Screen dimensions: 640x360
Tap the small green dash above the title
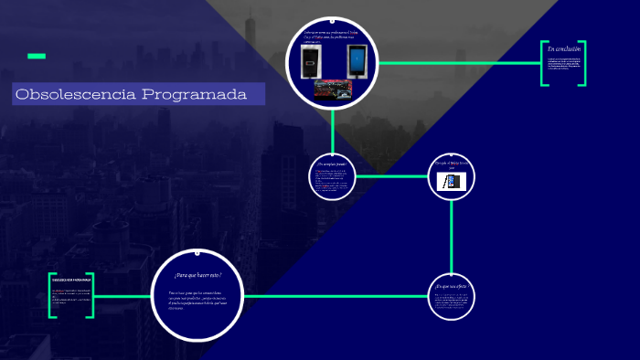[x=37, y=57]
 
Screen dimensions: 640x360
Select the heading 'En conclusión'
[x=563, y=48]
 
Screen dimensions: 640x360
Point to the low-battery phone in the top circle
[x=314, y=64]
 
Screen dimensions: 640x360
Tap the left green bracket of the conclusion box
[x=544, y=63]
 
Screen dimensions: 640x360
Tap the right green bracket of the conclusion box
[x=583, y=63]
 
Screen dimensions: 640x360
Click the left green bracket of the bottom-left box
[x=52, y=295]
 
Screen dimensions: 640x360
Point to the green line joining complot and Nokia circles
[x=391, y=176]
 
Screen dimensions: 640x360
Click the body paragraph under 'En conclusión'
[x=563, y=65]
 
